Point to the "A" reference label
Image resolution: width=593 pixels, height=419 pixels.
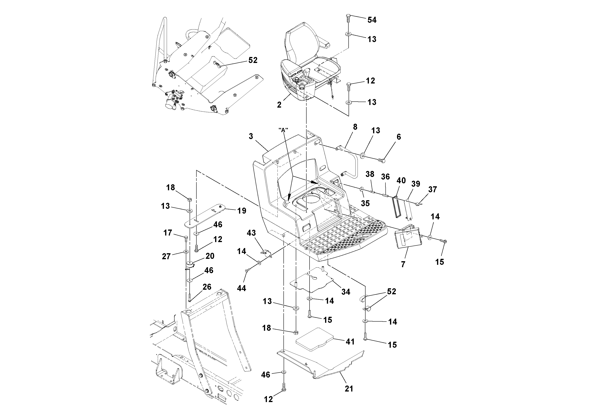click(283, 130)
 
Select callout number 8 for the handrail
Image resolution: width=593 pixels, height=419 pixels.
click(355, 127)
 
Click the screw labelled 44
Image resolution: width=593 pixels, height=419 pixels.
click(247, 270)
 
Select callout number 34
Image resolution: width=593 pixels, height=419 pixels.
click(346, 292)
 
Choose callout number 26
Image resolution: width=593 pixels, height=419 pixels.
click(207, 287)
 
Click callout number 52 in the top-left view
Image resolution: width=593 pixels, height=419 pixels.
click(253, 60)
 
